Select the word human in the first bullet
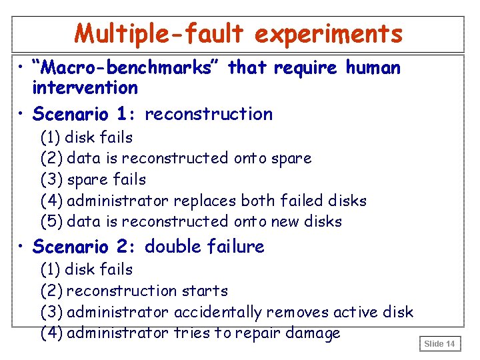tap(373, 67)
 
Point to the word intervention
tap(85, 87)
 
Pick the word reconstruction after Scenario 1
tap(209, 114)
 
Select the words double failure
tap(205, 247)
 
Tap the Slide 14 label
tap(439, 343)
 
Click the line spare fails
tap(107, 179)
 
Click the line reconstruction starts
tap(147, 291)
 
